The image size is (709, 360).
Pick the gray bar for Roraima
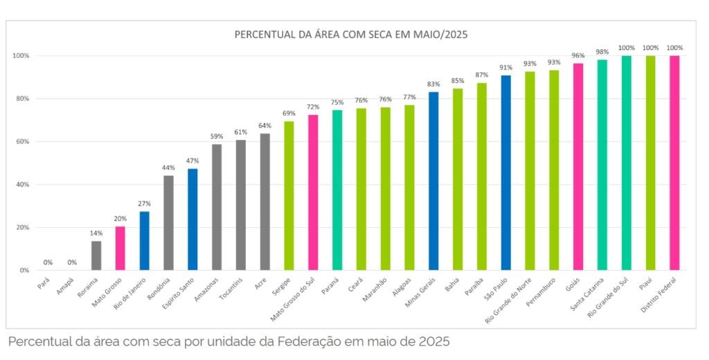(x=96, y=255)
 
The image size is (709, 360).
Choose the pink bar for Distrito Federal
(x=674, y=163)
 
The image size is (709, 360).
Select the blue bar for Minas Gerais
(x=433, y=181)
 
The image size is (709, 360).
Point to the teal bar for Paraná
(x=337, y=190)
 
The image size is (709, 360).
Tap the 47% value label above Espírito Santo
(x=192, y=161)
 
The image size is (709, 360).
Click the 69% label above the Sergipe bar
(x=289, y=113)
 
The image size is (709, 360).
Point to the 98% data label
(x=602, y=52)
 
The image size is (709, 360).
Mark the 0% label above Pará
(x=48, y=262)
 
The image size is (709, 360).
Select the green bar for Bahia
(x=458, y=179)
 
